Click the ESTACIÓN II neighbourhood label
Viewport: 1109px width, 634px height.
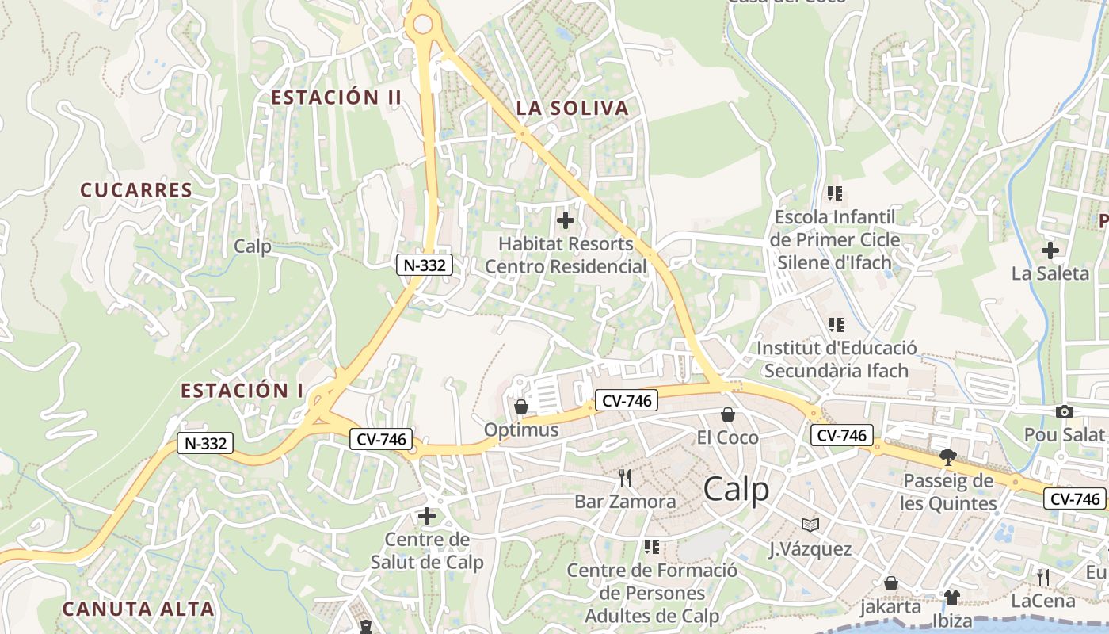click(x=337, y=97)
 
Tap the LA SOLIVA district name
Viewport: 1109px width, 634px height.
click(x=572, y=109)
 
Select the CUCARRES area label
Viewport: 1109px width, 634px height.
click(x=136, y=190)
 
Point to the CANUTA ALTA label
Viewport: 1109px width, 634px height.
click(x=138, y=609)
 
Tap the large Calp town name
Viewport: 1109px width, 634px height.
click(x=736, y=489)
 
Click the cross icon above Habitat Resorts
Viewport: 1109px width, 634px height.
click(x=566, y=220)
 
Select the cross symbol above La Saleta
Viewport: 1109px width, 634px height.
click(x=1050, y=250)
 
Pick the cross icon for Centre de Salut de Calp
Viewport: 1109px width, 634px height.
click(x=427, y=517)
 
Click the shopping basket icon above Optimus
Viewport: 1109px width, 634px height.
click(x=521, y=407)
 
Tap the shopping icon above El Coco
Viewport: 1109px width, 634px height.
click(x=727, y=414)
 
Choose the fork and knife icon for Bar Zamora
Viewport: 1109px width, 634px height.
click(x=625, y=477)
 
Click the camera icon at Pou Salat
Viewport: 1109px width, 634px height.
click(x=1064, y=411)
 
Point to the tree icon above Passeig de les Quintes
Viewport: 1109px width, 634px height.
click(x=947, y=456)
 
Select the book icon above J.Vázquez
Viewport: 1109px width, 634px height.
click(x=810, y=525)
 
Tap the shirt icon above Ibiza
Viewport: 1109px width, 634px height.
click(x=952, y=597)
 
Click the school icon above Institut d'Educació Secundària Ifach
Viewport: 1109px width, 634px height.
click(x=836, y=324)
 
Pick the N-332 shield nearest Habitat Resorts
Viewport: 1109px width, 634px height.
click(x=425, y=265)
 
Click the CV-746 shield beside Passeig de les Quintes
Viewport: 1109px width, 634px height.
click(x=1075, y=498)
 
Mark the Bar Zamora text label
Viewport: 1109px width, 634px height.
click(x=625, y=502)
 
